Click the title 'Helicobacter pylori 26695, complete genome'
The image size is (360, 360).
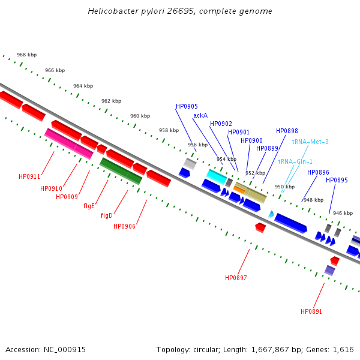pos(180,11)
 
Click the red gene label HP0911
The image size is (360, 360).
pos(29,176)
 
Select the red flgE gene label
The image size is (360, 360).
pos(89,206)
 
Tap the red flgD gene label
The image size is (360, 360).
pos(107,215)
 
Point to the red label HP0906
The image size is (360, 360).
pos(124,226)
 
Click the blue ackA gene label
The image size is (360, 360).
pos(200,115)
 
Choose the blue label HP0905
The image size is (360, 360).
pos(187,106)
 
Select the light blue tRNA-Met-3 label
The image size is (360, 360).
pos(310,142)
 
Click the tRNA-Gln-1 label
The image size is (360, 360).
pos(295,161)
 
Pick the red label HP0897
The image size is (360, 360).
pos(236,278)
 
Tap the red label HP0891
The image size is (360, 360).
pos(311,311)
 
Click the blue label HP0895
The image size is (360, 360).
pos(337,180)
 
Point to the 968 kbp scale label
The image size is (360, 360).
pos(26,55)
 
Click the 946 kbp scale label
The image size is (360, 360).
pos(343,213)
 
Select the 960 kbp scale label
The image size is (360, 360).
pos(140,116)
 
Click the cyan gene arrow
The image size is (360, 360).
pos(216,176)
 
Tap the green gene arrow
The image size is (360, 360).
pos(121,170)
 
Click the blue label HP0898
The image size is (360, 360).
pos(287,131)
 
